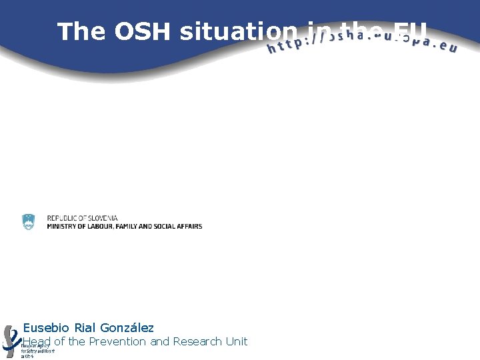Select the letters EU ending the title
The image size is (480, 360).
pos(409,31)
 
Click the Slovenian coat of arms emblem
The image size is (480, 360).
pos(28,222)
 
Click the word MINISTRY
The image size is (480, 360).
pos(61,227)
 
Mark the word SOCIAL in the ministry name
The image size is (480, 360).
pos(168,227)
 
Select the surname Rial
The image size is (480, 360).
pos(85,328)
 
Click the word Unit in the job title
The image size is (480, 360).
pos(236,341)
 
